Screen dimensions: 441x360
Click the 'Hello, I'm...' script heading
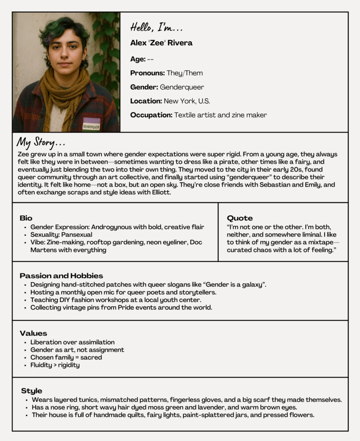[157, 28]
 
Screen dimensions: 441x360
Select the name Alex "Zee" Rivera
[161, 43]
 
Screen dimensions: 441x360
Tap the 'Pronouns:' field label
[148, 73]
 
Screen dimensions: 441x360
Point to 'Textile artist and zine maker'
[220, 115]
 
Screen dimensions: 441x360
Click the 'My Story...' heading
[41, 142]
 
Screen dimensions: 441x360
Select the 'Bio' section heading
[26, 218]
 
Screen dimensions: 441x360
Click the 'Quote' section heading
[240, 218]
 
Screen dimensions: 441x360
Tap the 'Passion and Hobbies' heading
[61, 276]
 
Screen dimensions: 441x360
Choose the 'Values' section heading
[33, 333]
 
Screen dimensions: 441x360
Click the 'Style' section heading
[31, 391]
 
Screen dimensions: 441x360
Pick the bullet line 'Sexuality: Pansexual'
[61, 235]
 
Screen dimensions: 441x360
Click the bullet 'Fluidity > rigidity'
[55, 365]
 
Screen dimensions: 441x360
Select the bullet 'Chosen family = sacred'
[66, 357]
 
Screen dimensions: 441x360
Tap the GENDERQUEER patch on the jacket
[91, 125]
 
